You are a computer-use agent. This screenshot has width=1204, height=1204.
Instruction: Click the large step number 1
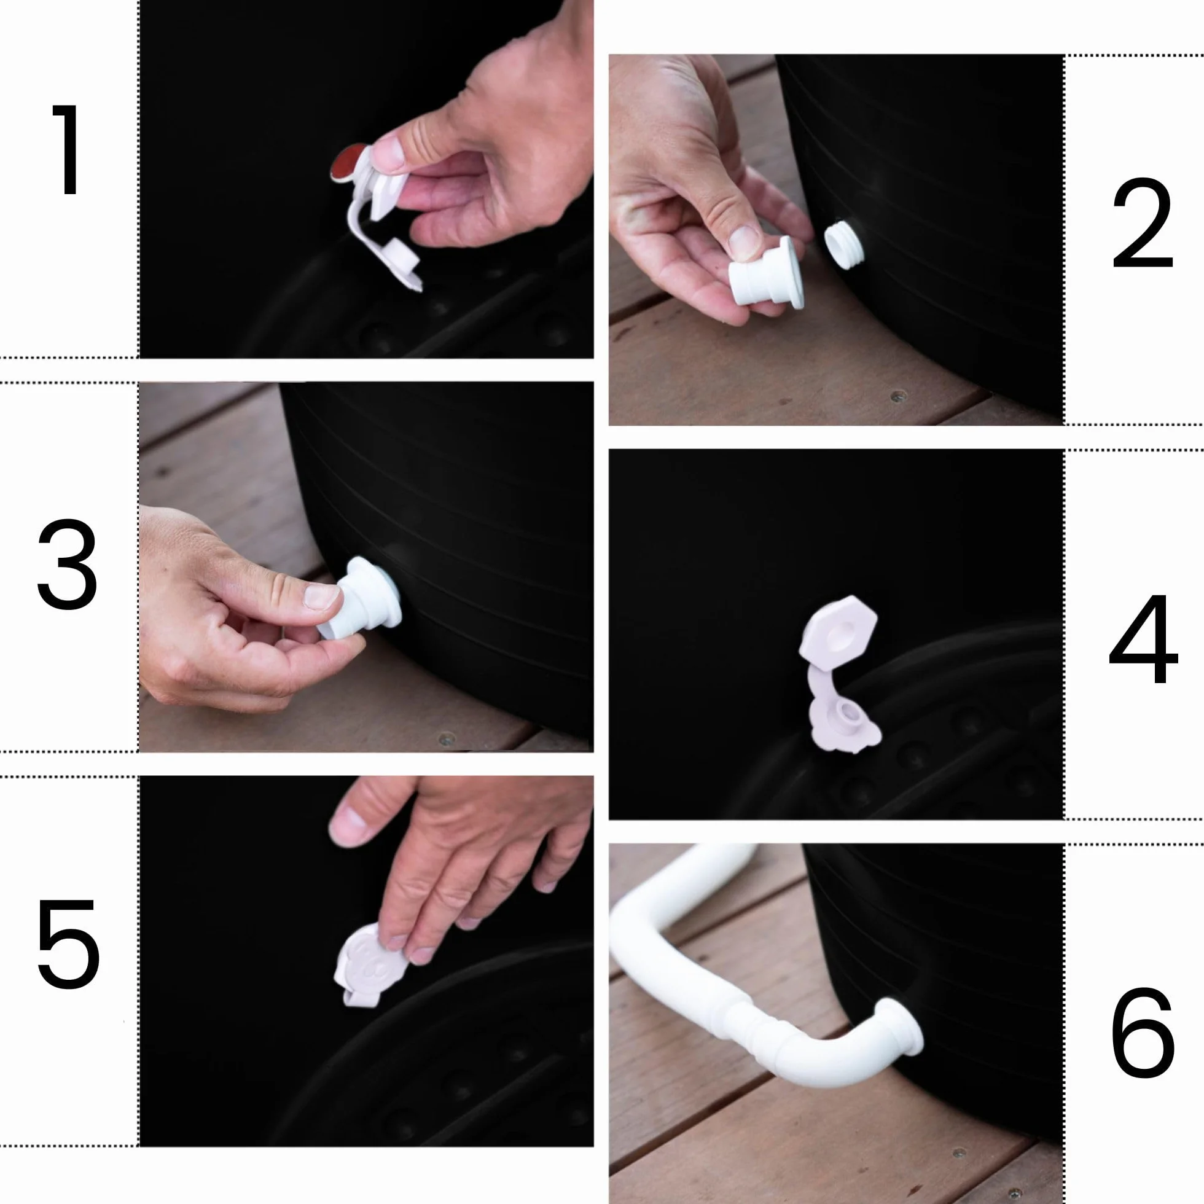tap(68, 149)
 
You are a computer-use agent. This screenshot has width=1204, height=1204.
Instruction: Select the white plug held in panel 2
tap(767, 273)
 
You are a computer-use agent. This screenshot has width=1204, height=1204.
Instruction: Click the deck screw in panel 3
tap(445, 740)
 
